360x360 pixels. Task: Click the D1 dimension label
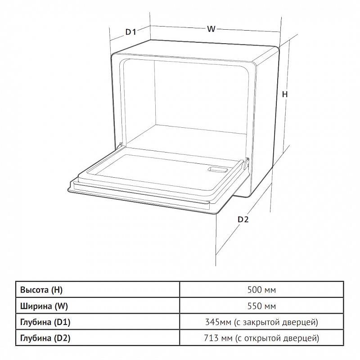[130, 31]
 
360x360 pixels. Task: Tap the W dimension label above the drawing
[211, 29]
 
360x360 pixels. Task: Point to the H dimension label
[285, 94]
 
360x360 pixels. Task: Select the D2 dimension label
[243, 220]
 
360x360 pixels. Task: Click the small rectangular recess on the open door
[218, 170]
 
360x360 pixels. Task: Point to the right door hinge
[246, 163]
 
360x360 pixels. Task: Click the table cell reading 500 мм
[261, 290]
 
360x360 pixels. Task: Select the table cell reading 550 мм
[261, 306]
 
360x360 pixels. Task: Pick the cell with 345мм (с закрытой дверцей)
[261, 322]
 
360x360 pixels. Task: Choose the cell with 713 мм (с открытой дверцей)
[261, 338]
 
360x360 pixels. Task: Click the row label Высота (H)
[41, 290]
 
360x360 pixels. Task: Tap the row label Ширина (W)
[44, 306]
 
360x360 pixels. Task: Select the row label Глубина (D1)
[45, 322]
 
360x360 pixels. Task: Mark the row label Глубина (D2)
[45, 338]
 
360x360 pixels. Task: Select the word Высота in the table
[34, 290]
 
